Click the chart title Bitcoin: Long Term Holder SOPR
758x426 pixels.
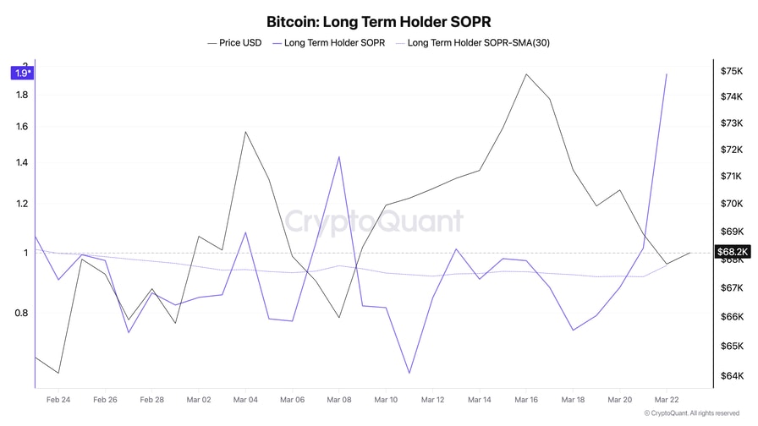(378, 20)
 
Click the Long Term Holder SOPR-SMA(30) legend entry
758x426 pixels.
(480, 41)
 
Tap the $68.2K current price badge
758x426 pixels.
(732, 252)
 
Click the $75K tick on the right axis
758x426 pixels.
(732, 72)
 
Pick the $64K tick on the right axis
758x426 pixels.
(732, 376)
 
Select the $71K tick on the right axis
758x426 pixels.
(732, 177)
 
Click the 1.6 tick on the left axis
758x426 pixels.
(22, 127)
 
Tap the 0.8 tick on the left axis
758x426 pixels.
(22, 313)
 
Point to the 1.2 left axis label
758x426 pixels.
(22, 204)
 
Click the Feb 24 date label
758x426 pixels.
(58, 399)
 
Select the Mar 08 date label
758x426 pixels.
(339, 399)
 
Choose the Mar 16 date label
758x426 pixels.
(526, 399)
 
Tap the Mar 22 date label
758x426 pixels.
(667, 399)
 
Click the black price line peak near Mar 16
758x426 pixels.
(526, 74)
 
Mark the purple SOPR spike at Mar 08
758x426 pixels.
(339, 156)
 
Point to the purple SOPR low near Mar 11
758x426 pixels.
(409, 373)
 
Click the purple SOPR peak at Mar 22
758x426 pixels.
(667, 74)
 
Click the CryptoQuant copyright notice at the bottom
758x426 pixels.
(695, 413)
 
